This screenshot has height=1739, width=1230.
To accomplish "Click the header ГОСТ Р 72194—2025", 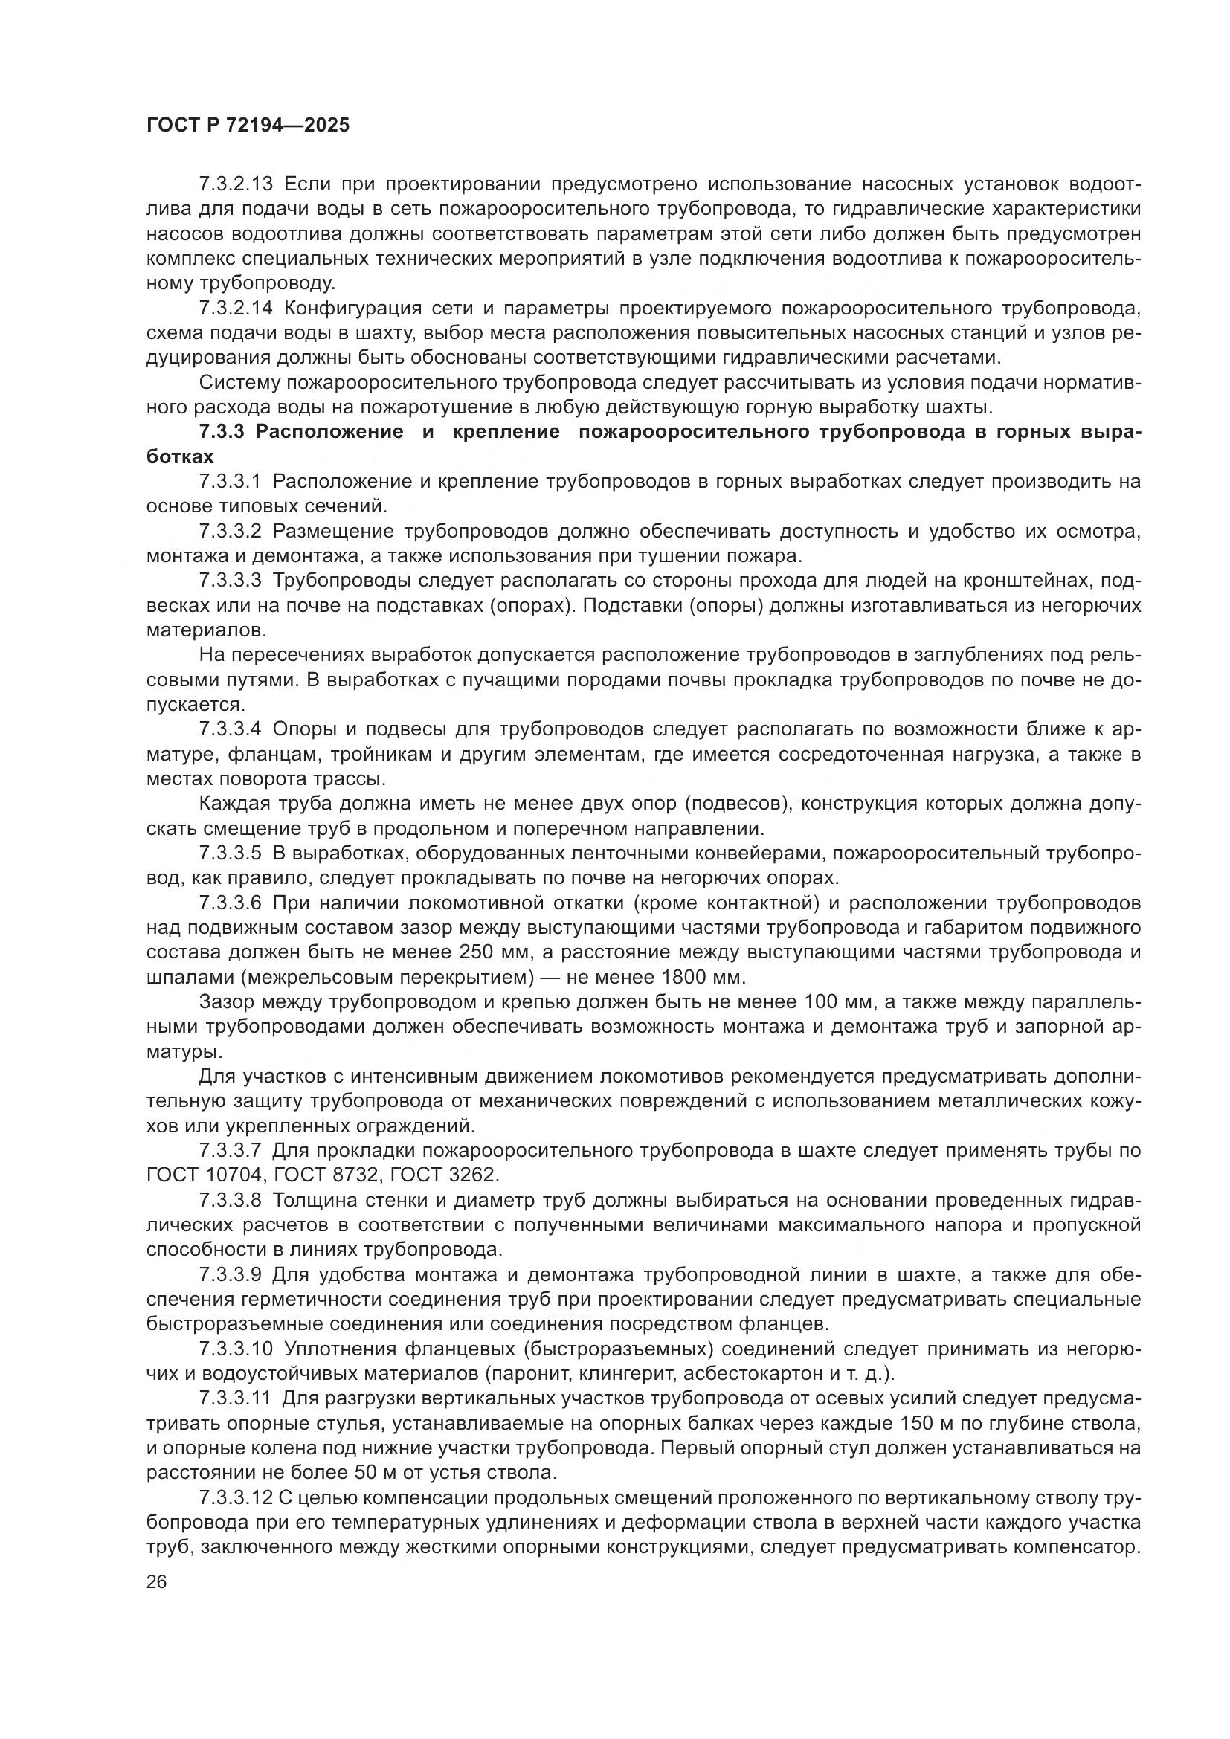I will (x=248, y=126).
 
